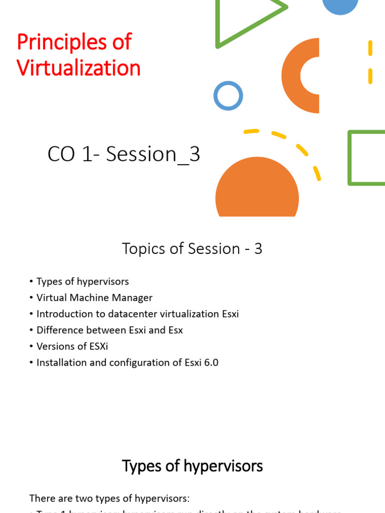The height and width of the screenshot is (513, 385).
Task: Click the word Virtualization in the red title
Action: point(79,68)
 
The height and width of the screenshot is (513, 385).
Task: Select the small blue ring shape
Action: point(228,96)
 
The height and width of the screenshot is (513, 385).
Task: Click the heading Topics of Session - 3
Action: point(192,248)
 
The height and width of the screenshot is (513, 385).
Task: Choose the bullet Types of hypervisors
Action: point(83,282)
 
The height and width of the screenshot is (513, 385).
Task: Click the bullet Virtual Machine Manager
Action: point(94,298)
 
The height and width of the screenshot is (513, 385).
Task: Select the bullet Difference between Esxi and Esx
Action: point(109,330)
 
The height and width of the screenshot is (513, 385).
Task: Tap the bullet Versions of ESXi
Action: point(72,346)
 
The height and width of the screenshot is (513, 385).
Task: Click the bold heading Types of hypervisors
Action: point(192,466)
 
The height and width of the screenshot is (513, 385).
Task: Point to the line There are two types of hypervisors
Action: point(110,498)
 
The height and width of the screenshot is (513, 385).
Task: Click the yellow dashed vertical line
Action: point(370,62)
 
